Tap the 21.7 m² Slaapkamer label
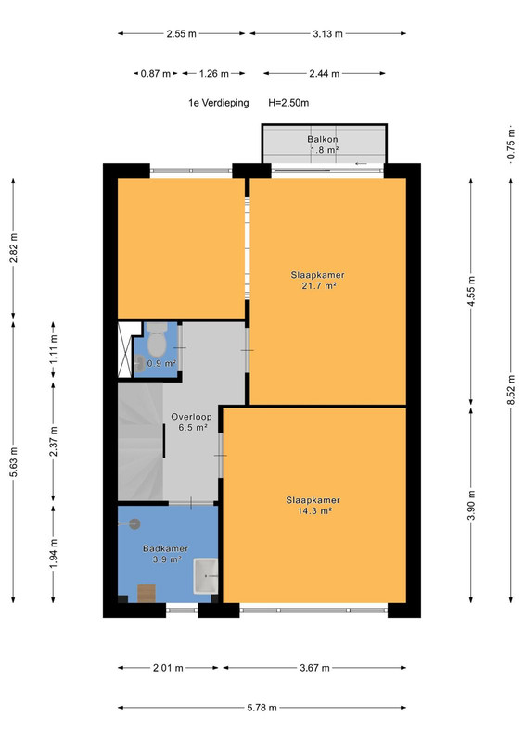coord(317,281)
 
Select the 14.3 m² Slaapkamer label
coord(313,505)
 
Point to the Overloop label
coord(191,422)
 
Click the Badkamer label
coord(165,554)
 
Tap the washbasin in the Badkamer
coord(206,576)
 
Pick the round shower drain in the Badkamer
coord(134,523)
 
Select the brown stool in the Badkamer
coord(147,593)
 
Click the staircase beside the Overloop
coord(141,442)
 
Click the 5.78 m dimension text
coord(262,708)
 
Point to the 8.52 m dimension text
coord(511,389)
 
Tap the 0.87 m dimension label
coord(155,74)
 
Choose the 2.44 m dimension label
coord(325,74)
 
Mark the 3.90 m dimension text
coord(471,505)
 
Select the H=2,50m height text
coord(288,103)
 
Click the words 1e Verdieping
coord(219,103)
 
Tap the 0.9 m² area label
coord(161,363)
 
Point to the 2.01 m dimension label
coord(168,668)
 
